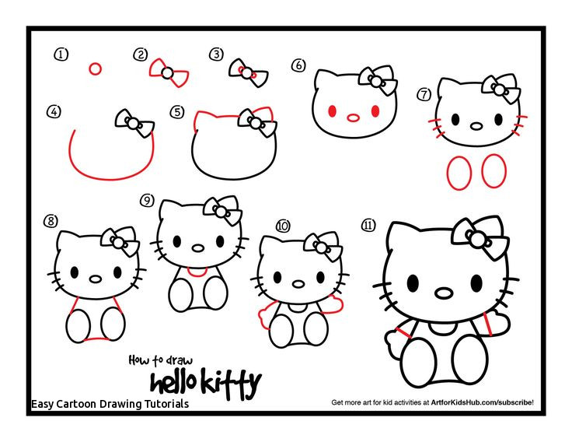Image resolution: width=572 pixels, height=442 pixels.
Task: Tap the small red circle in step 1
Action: coord(95,68)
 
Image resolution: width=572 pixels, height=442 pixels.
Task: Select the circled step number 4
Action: coord(53,112)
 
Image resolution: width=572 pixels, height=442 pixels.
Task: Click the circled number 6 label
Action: coord(298,65)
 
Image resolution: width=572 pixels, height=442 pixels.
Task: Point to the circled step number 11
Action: coord(368,225)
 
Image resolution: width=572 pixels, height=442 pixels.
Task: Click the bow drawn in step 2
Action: coord(166,72)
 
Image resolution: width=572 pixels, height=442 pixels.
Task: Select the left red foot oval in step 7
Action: coord(459,171)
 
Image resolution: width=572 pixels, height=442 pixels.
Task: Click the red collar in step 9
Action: coord(197,272)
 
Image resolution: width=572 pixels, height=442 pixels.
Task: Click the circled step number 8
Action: coord(51,221)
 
